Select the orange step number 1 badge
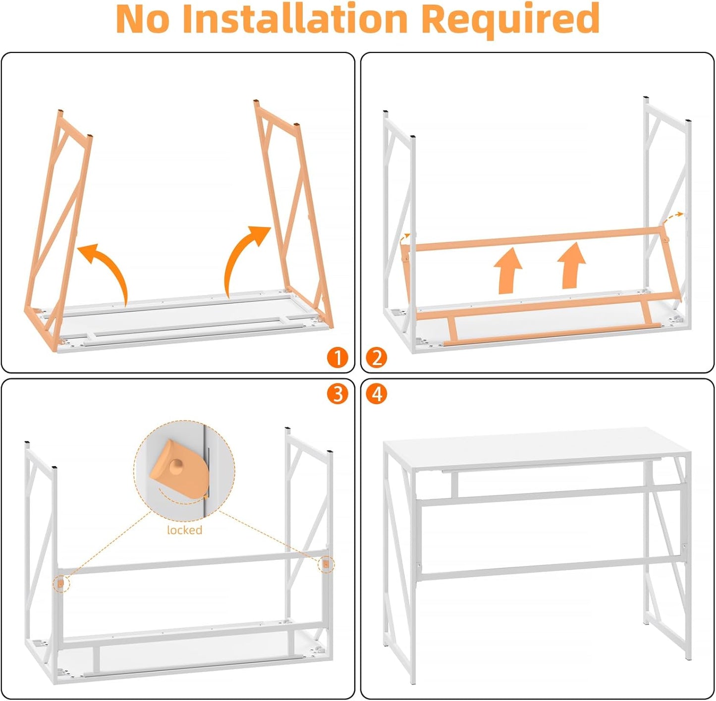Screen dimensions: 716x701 338,358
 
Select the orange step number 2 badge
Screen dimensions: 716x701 377,358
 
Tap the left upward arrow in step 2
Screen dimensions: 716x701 507,270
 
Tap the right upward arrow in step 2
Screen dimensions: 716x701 571,265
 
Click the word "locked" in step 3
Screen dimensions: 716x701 185,530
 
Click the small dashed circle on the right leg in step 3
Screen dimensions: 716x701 326,565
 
